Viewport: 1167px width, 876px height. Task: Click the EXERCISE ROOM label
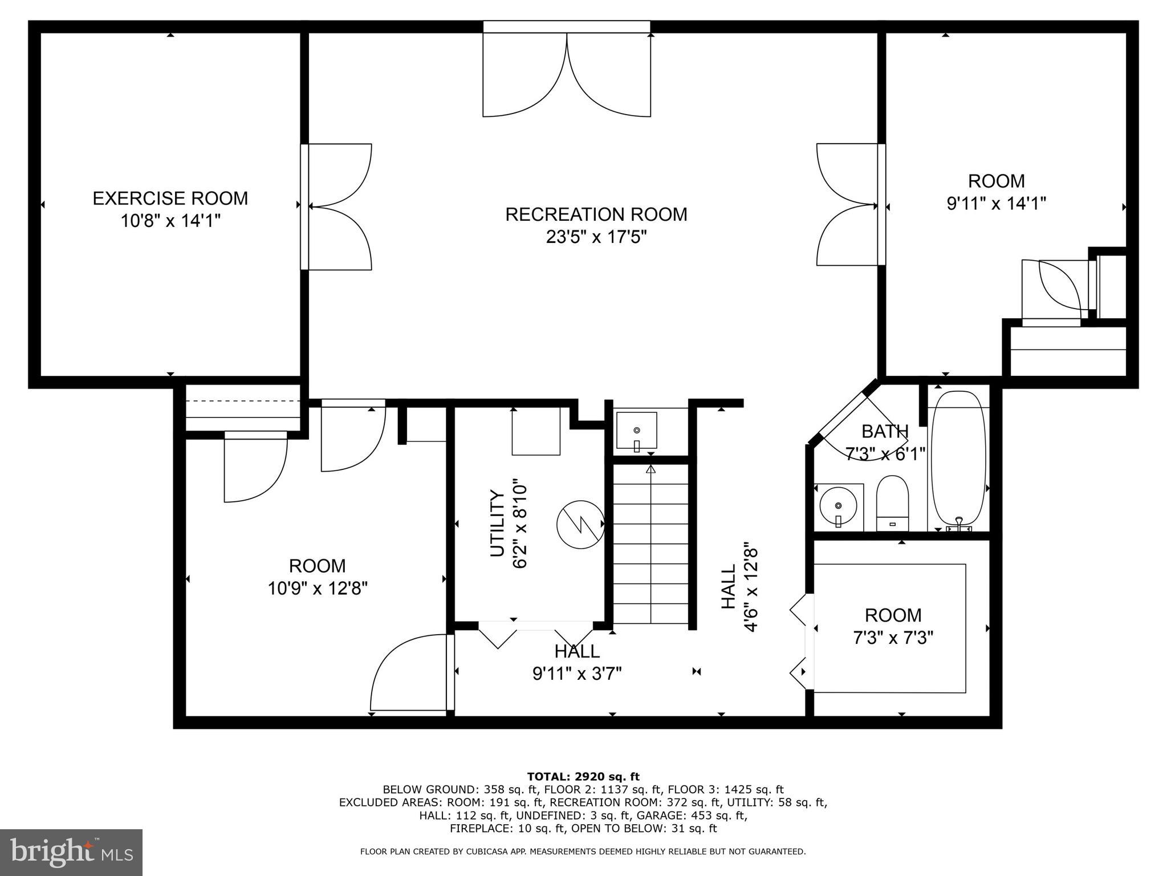[x=170, y=198]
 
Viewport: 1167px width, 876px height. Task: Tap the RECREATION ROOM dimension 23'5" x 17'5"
[x=596, y=237]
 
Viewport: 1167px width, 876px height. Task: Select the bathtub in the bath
[x=958, y=458]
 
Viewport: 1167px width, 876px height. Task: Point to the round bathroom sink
[x=838, y=505]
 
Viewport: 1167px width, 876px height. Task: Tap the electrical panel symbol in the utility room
[x=580, y=524]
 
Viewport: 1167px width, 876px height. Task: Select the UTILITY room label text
[x=498, y=523]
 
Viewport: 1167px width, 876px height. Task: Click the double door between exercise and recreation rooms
[x=338, y=206]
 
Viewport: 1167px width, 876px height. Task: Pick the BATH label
[x=884, y=431]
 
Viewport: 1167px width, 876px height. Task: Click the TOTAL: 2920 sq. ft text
[x=583, y=776]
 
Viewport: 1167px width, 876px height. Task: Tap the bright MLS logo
[x=71, y=852]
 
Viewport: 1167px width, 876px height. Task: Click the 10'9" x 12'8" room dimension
[x=318, y=588]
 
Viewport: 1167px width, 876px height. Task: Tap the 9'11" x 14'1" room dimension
[x=996, y=203]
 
